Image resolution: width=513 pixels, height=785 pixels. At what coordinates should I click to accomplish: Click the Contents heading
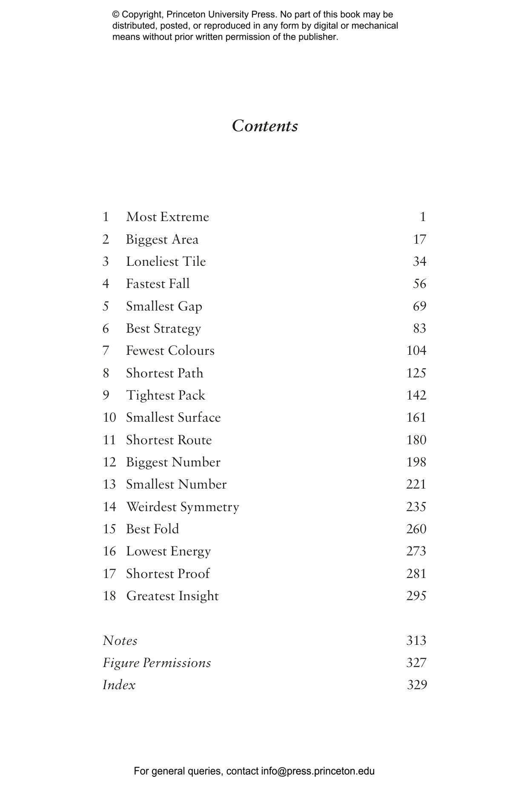tap(265, 126)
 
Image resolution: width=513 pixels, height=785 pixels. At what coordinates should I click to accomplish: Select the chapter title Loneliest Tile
tap(166, 262)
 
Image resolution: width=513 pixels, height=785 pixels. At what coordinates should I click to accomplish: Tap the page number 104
tap(416, 351)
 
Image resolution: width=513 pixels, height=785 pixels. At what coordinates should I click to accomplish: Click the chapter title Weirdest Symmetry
tap(183, 507)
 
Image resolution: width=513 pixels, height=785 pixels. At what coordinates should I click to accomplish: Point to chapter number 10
tap(109, 417)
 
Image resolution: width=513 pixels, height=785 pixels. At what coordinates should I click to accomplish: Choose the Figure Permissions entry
tap(157, 663)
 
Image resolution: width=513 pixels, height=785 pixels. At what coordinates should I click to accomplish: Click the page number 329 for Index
tap(417, 685)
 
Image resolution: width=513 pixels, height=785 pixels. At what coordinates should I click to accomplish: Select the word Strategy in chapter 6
tap(178, 329)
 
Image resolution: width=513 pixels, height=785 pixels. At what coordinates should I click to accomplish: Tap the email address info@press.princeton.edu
tap(318, 771)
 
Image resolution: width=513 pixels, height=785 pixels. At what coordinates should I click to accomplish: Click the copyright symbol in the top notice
tap(116, 14)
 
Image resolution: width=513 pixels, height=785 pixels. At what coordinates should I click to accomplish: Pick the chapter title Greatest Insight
tap(172, 596)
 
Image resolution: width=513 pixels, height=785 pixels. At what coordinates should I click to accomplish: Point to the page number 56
tap(419, 284)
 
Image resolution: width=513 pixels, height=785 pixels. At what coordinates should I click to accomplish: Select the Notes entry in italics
tap(120, 641)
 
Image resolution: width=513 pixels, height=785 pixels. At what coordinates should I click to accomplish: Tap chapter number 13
tap(109, 484)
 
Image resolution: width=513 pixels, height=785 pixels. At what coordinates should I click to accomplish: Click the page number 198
tap(416, 462)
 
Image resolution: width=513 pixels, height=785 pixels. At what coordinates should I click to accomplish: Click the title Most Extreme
tap(167, 217)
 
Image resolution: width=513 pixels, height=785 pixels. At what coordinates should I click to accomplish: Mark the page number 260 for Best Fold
tap(416, 529)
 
